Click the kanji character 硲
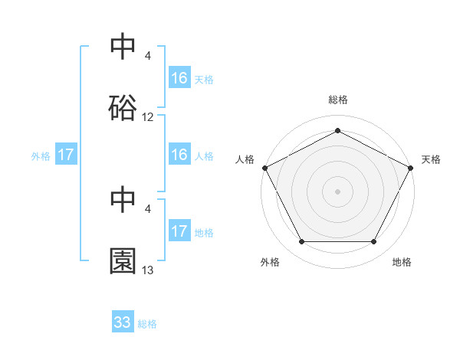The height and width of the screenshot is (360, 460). point(123,107)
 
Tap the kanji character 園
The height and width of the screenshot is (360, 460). point(123,261)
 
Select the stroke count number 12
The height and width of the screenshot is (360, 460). point(148,117)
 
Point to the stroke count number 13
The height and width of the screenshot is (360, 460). point(148,270)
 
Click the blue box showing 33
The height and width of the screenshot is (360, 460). point(123,322)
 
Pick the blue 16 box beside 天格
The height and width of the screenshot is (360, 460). point(179,78)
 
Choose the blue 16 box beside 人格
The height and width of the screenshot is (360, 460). point(179,155)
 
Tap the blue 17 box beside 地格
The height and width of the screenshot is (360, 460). point(179,231)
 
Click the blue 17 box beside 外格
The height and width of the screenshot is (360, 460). point(66,155)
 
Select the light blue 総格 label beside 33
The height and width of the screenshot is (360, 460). point(147,324)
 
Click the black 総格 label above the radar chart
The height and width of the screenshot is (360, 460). point(337,100)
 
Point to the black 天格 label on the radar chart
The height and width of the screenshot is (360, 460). point(432,159)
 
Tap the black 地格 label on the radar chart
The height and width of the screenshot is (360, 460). point(402,262)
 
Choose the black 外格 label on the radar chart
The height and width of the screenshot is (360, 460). point(270,262)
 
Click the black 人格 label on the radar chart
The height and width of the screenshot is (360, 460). point(245,159)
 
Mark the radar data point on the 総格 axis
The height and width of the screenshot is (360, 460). point(337,130)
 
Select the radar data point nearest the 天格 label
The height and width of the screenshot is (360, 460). point(411,168)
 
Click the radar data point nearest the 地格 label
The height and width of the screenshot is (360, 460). point(374,242)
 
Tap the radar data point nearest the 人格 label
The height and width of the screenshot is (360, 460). point(264,168)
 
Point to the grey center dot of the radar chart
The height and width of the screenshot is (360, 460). point(337,191)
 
